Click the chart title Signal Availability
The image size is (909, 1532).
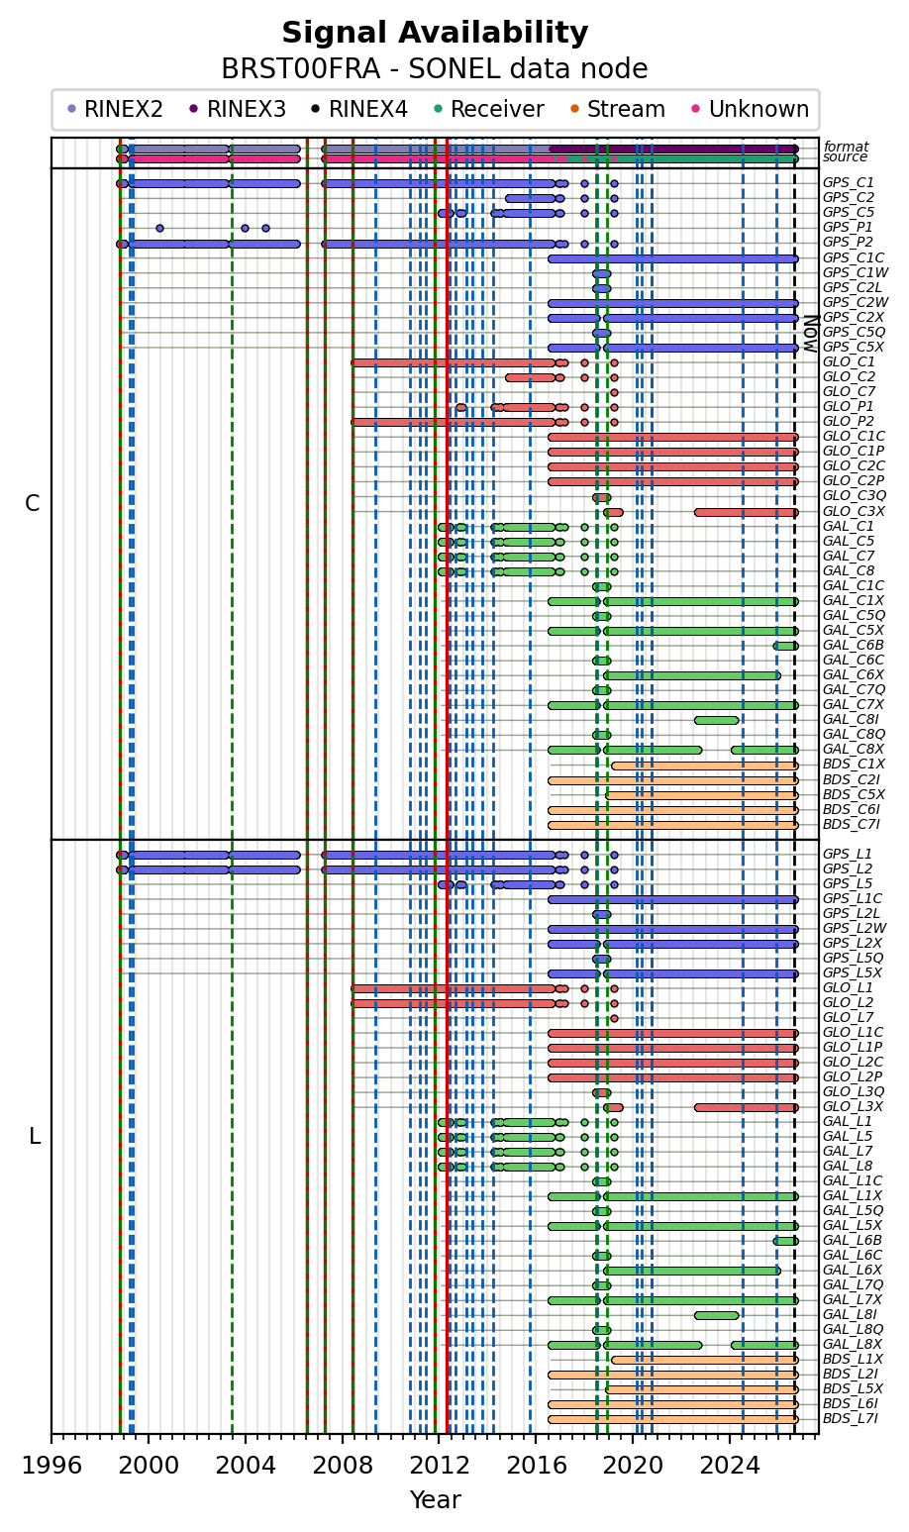435,32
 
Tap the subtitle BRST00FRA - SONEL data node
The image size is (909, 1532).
435,69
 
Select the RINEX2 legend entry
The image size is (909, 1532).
116,109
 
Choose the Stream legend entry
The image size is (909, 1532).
618,109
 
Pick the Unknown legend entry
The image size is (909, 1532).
751,109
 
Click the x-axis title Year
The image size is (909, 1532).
436,1500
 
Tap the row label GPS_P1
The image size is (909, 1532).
849,227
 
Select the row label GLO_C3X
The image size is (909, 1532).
854,512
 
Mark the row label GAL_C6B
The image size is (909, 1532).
853,645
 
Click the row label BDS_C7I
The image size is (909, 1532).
851,824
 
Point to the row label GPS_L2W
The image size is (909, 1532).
855,928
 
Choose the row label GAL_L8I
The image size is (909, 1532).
851,1314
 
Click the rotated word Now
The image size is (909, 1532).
811,333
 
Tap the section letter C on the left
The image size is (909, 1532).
32,503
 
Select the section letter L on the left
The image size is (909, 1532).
35,1136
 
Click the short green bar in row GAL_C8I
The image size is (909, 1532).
717,720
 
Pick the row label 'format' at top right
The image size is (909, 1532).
846,147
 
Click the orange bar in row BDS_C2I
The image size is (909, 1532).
673,780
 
